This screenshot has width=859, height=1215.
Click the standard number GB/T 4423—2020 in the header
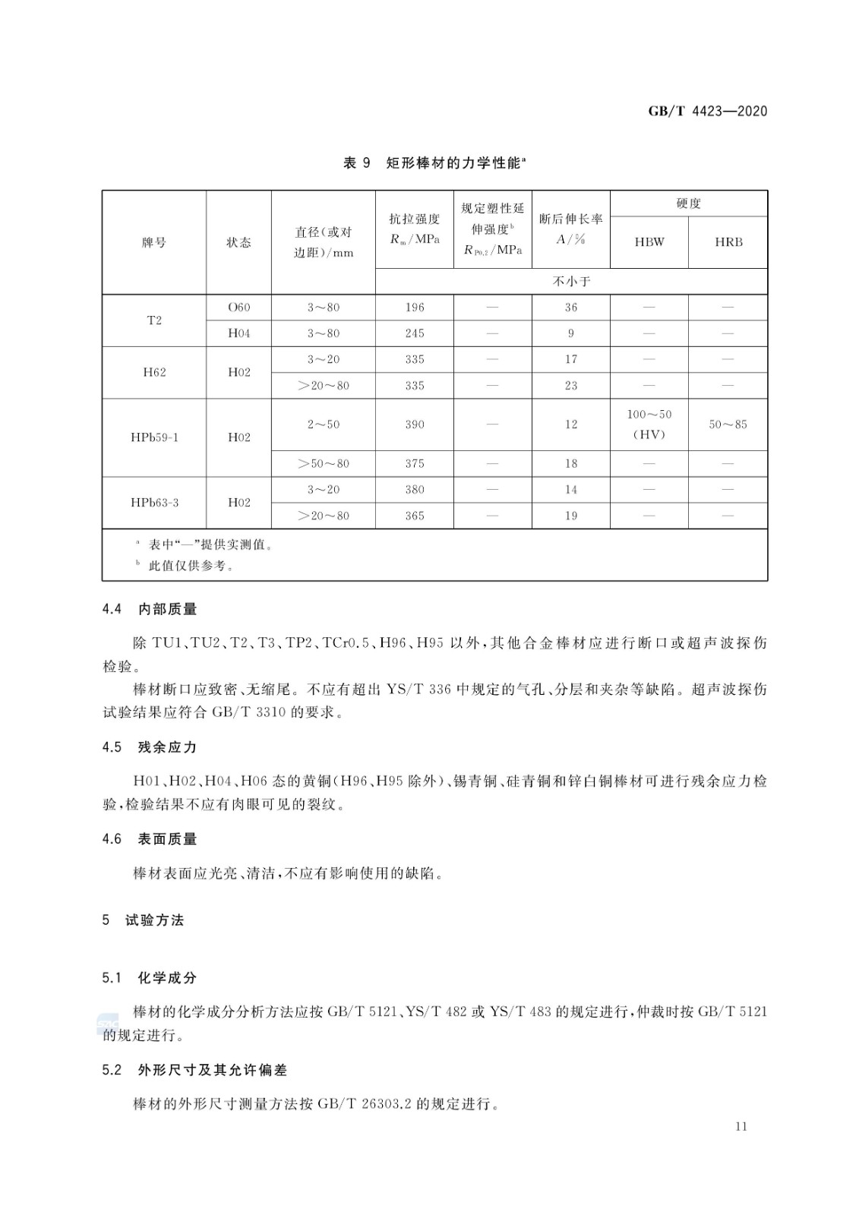(x=707, y=112)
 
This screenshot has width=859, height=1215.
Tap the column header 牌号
(x=154, y=242)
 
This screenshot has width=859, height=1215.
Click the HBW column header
(x=649, y=242)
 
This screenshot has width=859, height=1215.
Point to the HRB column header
(x=728, y=242)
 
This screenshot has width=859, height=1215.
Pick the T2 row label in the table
(x=154, y=320)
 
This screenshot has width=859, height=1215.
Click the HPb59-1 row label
(x=154, y=437)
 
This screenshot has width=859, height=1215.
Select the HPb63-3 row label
(x=154, y=503)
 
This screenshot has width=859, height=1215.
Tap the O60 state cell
(x=238, y=308)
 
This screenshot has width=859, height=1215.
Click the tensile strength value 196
(x=415, y=308)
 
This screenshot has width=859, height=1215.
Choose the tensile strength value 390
(x=415, y=424)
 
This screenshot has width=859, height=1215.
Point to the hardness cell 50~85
(x=728, y=424)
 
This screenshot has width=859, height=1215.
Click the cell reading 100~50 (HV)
(x=649, y=424)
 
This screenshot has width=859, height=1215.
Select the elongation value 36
(x=570, y=308)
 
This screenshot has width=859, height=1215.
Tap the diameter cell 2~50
(x=323, y=424)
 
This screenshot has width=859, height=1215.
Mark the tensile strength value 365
(x=415, y=516)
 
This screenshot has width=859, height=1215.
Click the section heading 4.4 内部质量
(x=150, y=609)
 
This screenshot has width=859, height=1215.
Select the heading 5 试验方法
(x=144, y=920)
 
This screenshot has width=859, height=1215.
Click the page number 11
(x=741, y=1126)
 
